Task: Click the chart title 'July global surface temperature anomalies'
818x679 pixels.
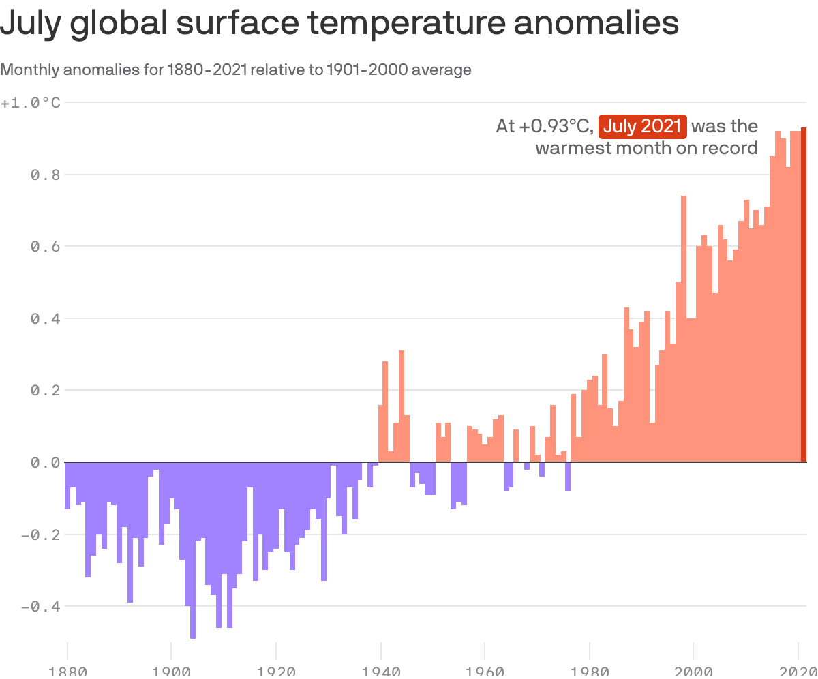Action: coord(339,25)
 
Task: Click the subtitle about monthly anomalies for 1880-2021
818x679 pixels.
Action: coord(236,70)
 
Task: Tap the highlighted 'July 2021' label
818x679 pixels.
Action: coord(642,126)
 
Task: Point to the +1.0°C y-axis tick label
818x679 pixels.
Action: coord(31,103)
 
